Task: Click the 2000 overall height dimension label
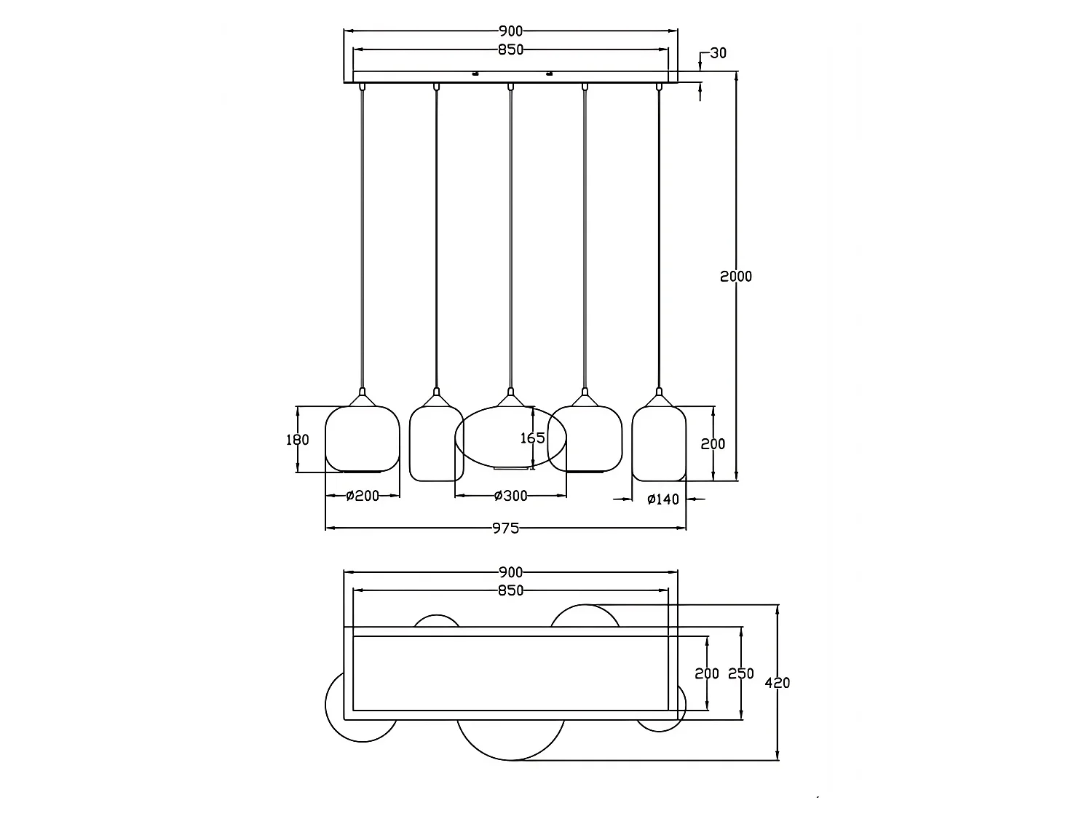click(736, 277)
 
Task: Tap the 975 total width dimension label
click(505, 528)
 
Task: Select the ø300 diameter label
click(510, 496)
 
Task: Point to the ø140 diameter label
click(663, 499)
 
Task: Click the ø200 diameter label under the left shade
click(363, 496)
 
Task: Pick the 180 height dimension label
click(298, 440)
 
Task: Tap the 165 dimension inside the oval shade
click(532, 438)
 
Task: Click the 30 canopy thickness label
click(718, 52)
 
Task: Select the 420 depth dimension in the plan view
click(777, 683)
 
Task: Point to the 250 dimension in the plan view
click(741, 673)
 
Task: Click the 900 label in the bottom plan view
click(510, 572)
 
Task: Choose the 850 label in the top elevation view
click(510, 50)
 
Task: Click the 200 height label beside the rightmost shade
click(713, 444)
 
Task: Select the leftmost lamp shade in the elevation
click(325, 439)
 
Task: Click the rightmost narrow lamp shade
click(633, 443)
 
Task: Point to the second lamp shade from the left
click(410, 443)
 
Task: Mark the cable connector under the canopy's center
click(510, 87)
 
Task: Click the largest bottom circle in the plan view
click(510, 760)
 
